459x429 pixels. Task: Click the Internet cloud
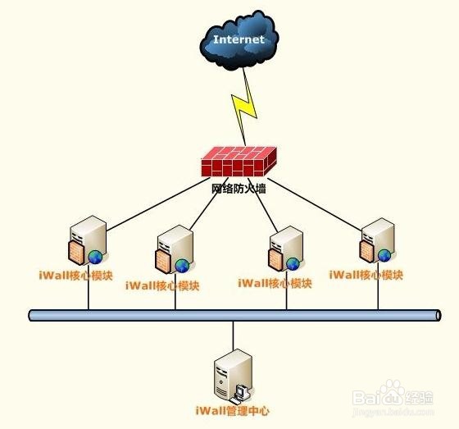pyautogui.click(x=239, y=40)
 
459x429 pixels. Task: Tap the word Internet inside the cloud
pyautogui.click(x=239, y=39)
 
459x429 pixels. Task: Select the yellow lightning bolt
pyautogui.click(x=245, y=107)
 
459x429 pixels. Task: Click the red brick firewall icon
pyautogui.click(x=239, y=162)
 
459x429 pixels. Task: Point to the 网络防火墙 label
pyautogui.click(x=239, y=189)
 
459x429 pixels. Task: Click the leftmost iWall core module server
pyautogui.click(x=88, y=240)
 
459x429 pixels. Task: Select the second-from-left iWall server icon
pyautogui.click(x=175, y=249)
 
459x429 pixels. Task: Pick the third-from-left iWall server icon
pyautogui.click(x=286, y=249)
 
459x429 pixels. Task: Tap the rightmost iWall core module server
pyautogui.click(x=377, y=240)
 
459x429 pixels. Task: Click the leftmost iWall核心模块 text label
pyautogui.click(x=75, y=276)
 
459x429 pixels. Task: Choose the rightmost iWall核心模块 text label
pyautogui.click(x=366, y=275)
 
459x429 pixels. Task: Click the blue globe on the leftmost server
pyautogui.click(x=95, y=258)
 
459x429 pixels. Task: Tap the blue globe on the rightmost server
pyautogui.click(x=384, y=256)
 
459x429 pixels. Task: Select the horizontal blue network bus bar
pyautogui.click(x=234, y=315)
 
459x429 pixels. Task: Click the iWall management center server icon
pyautogui.click(x=234, y=376)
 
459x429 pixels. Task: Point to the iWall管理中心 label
pyautogui.click(x=232, y=411)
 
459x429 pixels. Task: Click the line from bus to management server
pyautogui.click(x=234, y=335)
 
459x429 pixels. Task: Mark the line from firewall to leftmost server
pyautogui.click(x=158, y=204)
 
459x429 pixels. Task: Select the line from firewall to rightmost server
pyautogui.click(x=315, y=204)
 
